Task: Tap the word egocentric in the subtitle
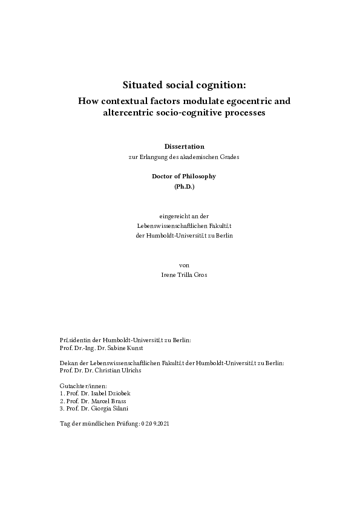click(x=241, y=101)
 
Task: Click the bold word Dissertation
click(x=185, y=146)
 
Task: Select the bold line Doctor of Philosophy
click(x=185, y=176)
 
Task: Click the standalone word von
click(x=185, y=264)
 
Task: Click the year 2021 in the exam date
click(x=165, y=424)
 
